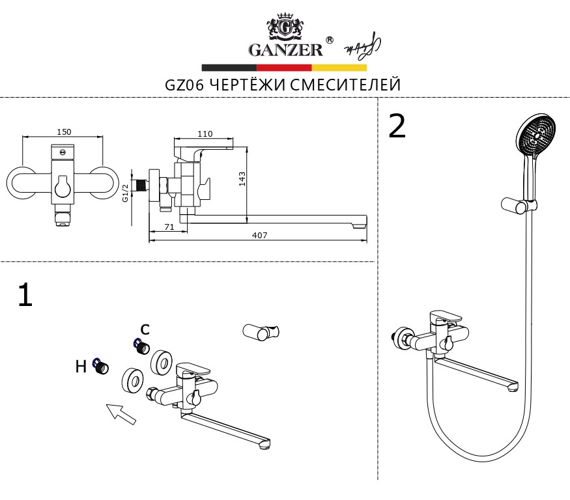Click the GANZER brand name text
285,49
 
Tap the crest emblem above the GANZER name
284,27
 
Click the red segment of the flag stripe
284,67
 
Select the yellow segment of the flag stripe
339,67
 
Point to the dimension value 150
64,132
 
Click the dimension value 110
205,134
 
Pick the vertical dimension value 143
242,179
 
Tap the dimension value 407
260,235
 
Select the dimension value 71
168,227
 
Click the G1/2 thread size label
125,193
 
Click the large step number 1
25,295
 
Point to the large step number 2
397,126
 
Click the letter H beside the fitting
81,367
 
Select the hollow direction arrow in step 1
121,413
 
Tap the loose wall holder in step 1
261,332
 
